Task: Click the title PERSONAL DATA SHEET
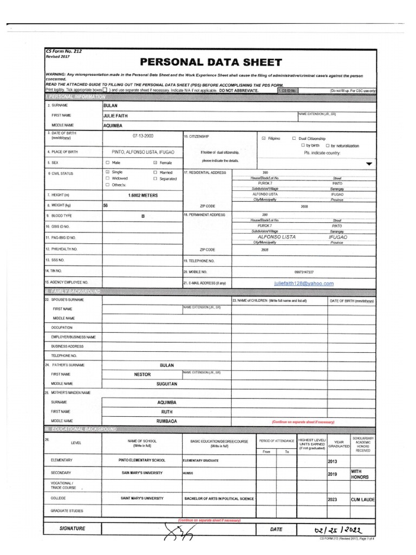211,62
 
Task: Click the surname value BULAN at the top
110,105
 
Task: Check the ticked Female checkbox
155,162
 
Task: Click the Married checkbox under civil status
155,172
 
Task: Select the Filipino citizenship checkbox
263,138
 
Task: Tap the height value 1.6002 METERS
143,195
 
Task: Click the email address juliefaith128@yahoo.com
303,283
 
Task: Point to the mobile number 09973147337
303,272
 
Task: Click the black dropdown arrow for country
369,163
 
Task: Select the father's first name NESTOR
142,375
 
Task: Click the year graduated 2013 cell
332,462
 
